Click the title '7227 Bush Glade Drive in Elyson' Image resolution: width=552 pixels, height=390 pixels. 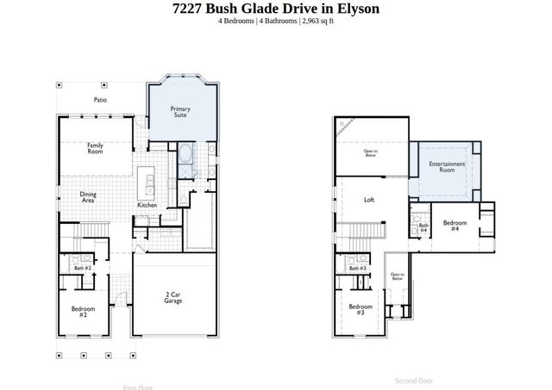275,9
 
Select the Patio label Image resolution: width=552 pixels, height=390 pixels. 100,100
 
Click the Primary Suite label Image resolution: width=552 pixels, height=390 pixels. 179,111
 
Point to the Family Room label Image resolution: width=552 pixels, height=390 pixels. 95,148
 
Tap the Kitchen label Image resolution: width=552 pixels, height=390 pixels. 147,205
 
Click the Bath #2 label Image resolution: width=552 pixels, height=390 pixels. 82,268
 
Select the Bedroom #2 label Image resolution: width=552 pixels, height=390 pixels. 83,311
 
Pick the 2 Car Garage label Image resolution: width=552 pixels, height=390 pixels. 173,298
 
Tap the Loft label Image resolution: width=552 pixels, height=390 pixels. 369,199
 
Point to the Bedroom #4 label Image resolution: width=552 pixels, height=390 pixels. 455,226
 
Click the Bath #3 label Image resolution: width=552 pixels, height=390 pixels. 358,268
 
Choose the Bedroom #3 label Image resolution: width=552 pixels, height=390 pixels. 361,309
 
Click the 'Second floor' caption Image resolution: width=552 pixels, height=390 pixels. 414,380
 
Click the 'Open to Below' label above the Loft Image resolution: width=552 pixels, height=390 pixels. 370,153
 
